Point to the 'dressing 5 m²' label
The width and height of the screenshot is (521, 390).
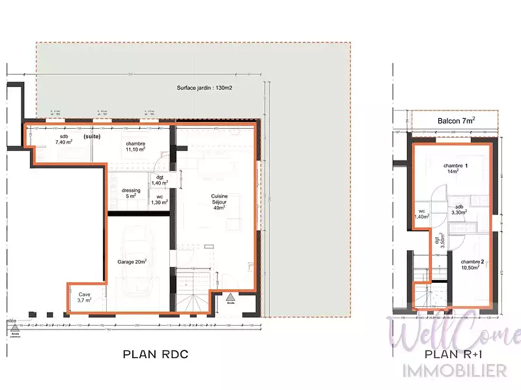coord(131,193)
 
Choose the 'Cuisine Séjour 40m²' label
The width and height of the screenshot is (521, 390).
coord(218,201)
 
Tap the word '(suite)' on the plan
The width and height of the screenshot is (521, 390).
coord(92,137)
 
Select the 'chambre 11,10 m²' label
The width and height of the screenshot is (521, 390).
coord(135,146)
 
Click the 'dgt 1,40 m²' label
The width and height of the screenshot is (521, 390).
coord(160,180)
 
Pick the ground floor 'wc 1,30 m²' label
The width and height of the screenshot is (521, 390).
coord(160,200)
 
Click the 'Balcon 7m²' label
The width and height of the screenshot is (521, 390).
coord(456,120)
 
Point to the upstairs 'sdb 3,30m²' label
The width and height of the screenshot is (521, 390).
coord(460,209)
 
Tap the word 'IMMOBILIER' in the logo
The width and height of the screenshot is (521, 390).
coord(456,370)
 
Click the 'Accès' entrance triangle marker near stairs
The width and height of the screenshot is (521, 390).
coord(231,296)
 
